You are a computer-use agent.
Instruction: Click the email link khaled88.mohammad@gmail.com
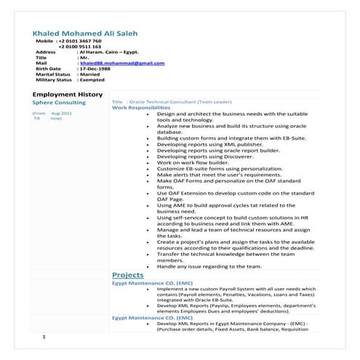[x=122, y=63]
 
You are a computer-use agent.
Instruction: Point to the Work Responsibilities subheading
[x=140, y=108]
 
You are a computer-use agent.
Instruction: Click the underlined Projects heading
[x=127, y=274]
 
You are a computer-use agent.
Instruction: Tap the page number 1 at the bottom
[x=44, y=337]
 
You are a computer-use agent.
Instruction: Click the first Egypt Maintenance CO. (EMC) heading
[x=152, y=283]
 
